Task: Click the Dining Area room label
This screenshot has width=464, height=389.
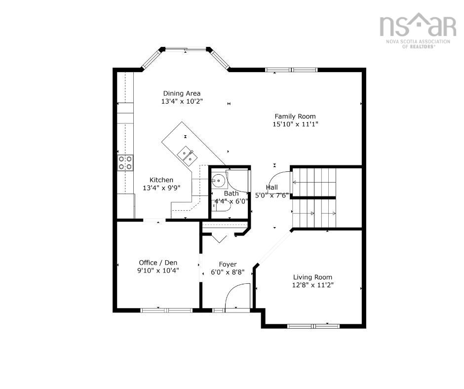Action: click(182, 94)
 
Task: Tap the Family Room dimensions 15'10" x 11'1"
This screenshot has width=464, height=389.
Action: click(295, 124)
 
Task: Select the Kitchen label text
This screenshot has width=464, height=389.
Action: click(161, 180)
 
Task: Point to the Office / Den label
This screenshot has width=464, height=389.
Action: click(158, 263)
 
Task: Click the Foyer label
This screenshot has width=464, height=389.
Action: click(228, 265)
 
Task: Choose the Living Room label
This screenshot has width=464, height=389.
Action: click(312, 277)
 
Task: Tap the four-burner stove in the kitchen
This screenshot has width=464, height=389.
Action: click(125, 163)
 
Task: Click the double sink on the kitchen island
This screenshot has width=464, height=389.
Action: click(186, 156)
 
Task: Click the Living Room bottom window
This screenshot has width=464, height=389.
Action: click(313, 326)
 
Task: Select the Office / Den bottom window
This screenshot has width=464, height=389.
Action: click(166, 310)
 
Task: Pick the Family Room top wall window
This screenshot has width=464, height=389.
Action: click(291, 70)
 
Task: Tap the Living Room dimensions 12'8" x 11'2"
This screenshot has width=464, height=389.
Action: click(312, 285)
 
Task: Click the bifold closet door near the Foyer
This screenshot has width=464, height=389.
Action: click(219, 238)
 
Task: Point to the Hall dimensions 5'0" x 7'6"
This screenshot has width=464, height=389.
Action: click(271, 195)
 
